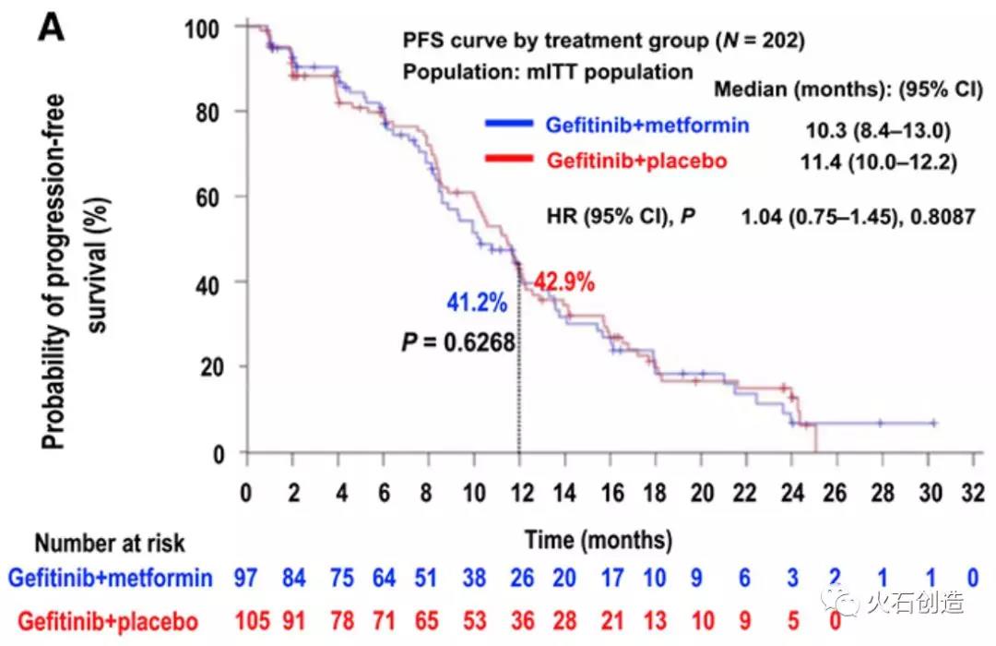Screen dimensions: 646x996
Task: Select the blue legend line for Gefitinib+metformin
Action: [508, 123]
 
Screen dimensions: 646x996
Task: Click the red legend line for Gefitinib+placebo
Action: [508, 160]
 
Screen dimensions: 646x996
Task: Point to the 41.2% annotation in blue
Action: [479, 302]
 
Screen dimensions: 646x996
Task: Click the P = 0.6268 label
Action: [457, 342]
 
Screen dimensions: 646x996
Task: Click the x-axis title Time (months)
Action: [599, 538]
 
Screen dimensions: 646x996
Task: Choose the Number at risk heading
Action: [111, 543]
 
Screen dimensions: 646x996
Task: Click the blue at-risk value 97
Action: [246, 579]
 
